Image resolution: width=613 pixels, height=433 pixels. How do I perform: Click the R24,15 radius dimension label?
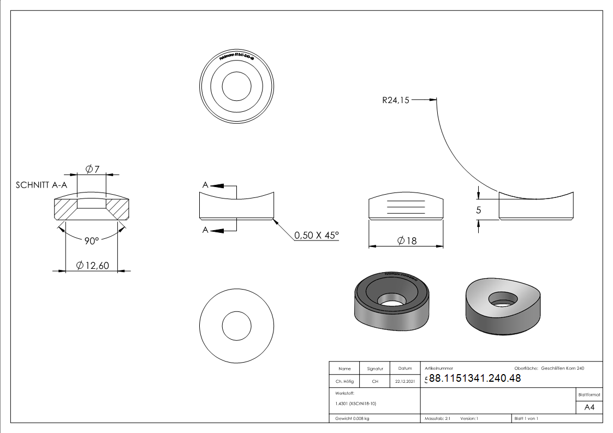pyautogui.click(x=396, y=100)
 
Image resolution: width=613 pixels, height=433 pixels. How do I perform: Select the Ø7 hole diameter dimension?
pyautogui.click(x=92, y=169)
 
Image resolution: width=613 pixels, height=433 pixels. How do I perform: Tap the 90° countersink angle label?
pyautogui.click(x=91, y=241)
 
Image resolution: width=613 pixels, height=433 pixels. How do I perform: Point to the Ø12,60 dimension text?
pyautogui.click(x=93, y=266)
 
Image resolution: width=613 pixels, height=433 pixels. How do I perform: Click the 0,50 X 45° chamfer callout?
pyautogui.click(x=317, y=236)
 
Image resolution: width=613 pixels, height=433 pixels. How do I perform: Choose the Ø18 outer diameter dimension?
pyautogui.click(x=407, y=241)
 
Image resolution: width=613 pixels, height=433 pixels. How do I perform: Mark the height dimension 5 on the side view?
pyautogui.click(x=478, y=210)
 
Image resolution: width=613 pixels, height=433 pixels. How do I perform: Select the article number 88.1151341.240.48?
pyautogui.click(x=475, y=378)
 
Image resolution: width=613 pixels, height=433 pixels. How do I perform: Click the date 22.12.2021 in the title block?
pyautogui.click(x=404, y=382)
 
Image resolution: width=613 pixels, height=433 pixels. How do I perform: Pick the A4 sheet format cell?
pyautogui.click(x=589, y=407)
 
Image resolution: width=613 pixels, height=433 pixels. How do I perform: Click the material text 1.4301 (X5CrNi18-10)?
pyautogui.click(x=356, y=404)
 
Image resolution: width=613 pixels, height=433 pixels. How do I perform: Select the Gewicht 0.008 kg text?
pyautogui.click(x=352, y=419)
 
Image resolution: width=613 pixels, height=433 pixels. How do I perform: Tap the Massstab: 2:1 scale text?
pyautogui.click(x=437, y=419)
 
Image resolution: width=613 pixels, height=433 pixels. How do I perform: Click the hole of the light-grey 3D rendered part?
pyautogui.click(x=503, y=298)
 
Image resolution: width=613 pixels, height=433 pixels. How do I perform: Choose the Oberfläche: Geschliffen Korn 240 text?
pyautogui.click(x=549, y=369)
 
